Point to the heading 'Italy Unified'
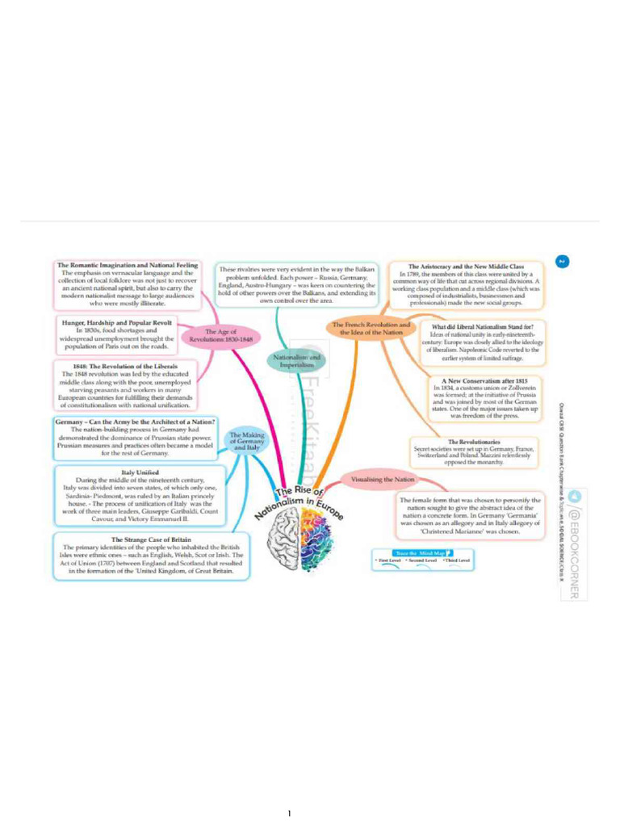click(x=140, y=472)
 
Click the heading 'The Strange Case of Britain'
click(x=151, y=539)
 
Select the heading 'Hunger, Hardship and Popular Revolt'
click(x=117, y=321)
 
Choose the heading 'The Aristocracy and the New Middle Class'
click(x=467, y=266)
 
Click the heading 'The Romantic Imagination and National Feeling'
click(x=128, y=265)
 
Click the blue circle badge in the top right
click(x=563, y=260)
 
